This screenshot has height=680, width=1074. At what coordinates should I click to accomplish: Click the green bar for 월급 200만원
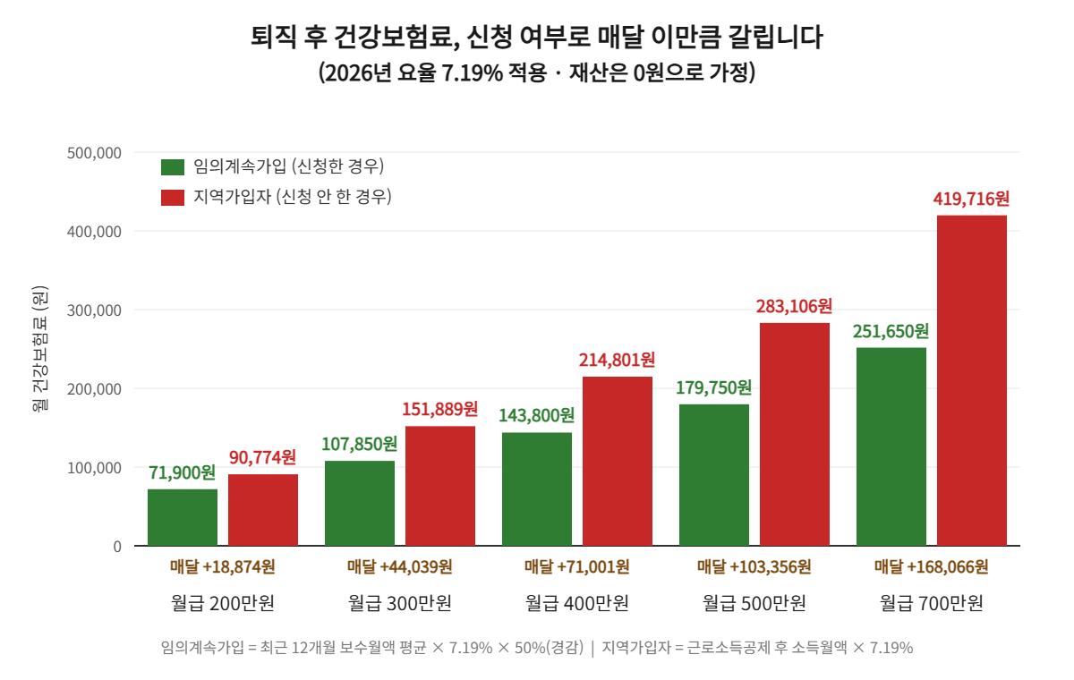tap(183, 517)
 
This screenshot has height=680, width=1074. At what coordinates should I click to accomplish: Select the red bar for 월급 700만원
tap(972, 380)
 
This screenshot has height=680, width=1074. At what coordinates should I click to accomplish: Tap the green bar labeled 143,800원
tap(537, 489)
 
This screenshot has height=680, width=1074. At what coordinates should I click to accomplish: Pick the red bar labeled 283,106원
tap(795, 434)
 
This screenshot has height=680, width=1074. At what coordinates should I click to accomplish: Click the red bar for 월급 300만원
tap(440, 486)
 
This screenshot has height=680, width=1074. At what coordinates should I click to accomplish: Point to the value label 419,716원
tap(971, 199)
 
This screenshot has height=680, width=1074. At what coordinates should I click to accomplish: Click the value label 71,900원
tap(183, 472)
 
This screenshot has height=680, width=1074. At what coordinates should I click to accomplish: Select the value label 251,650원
tap(891, 331)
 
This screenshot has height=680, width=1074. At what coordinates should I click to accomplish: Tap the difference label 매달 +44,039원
tap(400, 567)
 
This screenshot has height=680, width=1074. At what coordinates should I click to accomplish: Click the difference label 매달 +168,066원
tap(931, 567)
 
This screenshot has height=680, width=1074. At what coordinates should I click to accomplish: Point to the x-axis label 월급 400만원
tap(576, 603)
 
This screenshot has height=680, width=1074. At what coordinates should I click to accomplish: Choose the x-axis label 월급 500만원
tap(754, 603)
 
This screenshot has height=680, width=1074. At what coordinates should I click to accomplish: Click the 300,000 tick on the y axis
tap(94, 310)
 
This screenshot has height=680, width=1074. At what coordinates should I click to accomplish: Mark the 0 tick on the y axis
tap(117, 547)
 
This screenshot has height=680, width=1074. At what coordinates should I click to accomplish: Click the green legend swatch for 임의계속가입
tap(173, 167)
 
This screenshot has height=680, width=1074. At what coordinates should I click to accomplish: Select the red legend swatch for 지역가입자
tap(173, 198)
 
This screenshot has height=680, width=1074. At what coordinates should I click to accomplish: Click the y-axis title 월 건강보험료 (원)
tap(39, 348)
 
